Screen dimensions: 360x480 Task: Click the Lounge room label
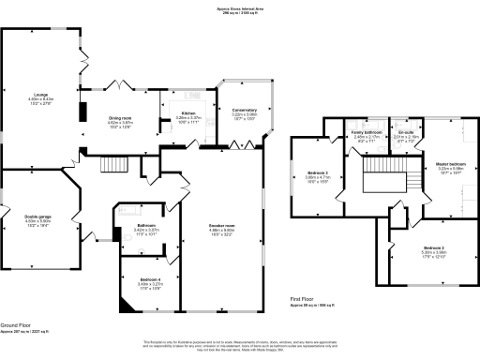41,96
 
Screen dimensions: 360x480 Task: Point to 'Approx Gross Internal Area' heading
239,8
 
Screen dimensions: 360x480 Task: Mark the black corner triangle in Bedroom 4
122,305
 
